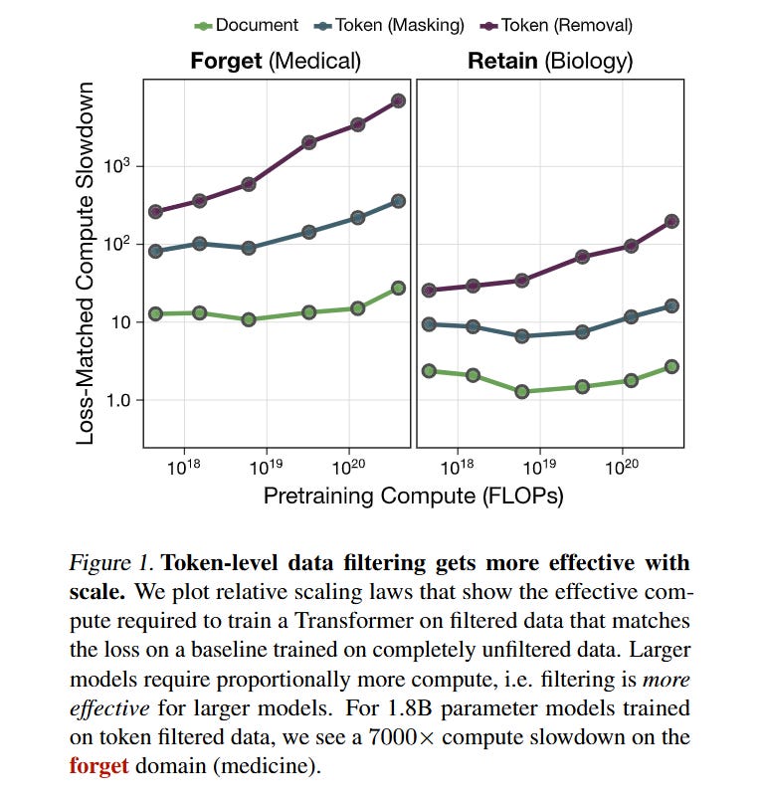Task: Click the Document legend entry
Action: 248,25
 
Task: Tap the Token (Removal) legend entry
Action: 558,25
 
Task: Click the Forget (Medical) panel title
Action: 276,61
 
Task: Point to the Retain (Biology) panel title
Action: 550,61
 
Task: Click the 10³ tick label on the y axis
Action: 118,165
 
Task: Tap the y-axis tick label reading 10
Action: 120,322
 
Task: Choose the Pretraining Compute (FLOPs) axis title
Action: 413,496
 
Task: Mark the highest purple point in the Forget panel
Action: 398,100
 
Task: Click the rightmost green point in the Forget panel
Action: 398,288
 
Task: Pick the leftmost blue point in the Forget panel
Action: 155,251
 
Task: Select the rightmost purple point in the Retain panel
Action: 671,221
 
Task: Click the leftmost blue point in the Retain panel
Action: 429,324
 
